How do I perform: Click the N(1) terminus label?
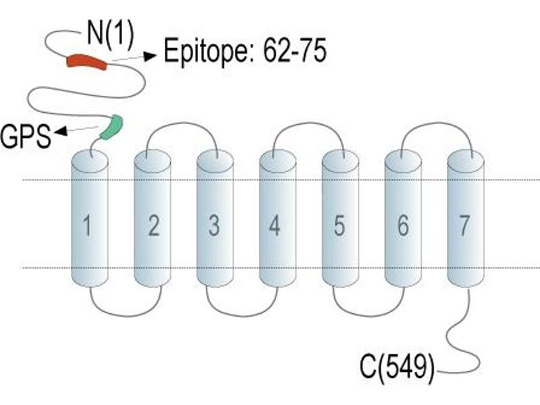click(110, 34)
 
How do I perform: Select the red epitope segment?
click(87, 61)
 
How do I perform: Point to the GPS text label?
click(26, 136)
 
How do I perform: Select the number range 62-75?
click(294, 51)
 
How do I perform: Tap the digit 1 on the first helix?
click(88, 225)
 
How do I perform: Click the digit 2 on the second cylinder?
click(154, 225)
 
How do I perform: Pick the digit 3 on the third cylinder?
click(214, 225)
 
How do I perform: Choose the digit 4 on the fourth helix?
click(275, 225)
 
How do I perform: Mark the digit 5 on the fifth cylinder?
click(340, 225)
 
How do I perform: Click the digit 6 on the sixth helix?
click(403, 225)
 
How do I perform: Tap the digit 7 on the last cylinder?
click(464, 225)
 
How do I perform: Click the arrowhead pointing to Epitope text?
click(150, 55)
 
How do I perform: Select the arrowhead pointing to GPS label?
click(60, 130)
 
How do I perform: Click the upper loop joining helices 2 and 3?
click(182, 123)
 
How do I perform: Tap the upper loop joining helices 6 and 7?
click(437, 123)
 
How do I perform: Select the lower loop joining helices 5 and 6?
click(369, 315)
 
